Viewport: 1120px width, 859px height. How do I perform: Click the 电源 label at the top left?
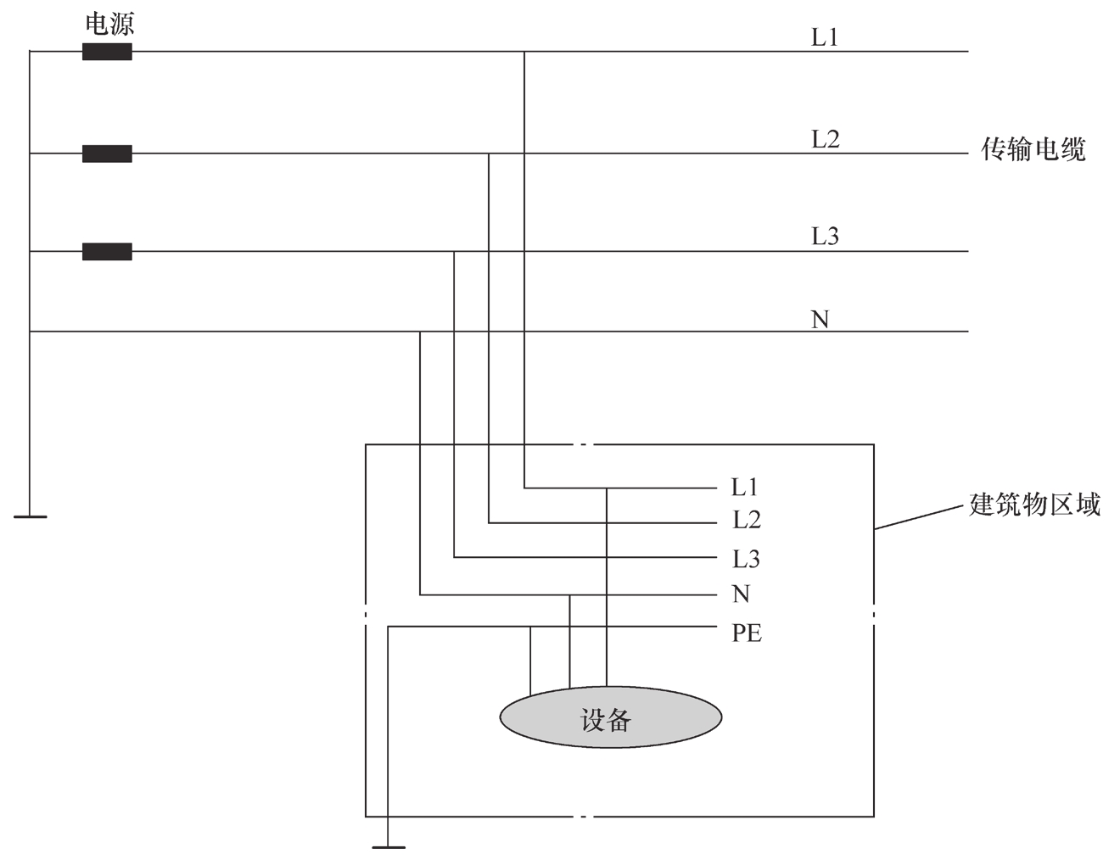pyautogui.click(x=109, y=25)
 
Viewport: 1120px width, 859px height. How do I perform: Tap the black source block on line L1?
pyautogui.click(x=107, y=52)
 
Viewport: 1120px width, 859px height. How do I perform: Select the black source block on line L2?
pyautogui.click(x=107, y=153)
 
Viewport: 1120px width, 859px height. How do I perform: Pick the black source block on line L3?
pyautogui.click(x=107, y=251)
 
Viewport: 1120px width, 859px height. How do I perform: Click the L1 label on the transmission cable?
pyautogui.click(x=825, y=37)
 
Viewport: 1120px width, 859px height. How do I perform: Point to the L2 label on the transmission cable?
pyautogui.click(x=826, y=139)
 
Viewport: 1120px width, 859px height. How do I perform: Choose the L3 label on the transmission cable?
pyautogui.click(x=826, y=236)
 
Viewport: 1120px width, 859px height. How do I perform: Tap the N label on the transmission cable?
pyautogui.click(x=820, y=320)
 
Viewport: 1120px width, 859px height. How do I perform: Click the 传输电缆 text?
pyautogui.click(x=1033, y=149)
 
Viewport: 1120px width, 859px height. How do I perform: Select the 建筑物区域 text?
pyautogui.click(x=1035, y=505)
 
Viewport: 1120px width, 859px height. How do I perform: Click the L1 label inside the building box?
pyautogui.click(x=744, y=488)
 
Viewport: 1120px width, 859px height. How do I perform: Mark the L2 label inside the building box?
pyautogui.click(x=747, y=520)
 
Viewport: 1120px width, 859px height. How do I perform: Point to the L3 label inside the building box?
pyautogui.click(x=747, y=559)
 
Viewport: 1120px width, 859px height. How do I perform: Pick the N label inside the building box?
pyautogui.click(x=742, y=594)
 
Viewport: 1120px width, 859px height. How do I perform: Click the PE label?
pyautogui.click(x=747, y=633)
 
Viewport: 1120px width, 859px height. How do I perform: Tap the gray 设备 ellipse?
pyautogui.click(x=611, y=717)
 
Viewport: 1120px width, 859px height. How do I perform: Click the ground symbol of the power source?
pyautogui.click(x=30, y=516)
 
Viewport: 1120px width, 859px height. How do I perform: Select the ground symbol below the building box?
pyautogui.click(x=389, y=847)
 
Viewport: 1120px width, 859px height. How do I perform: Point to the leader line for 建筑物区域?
pyautogui.click(x=919, y=517)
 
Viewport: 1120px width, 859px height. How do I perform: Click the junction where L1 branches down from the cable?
pyautogui.click(x=524, y=52)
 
